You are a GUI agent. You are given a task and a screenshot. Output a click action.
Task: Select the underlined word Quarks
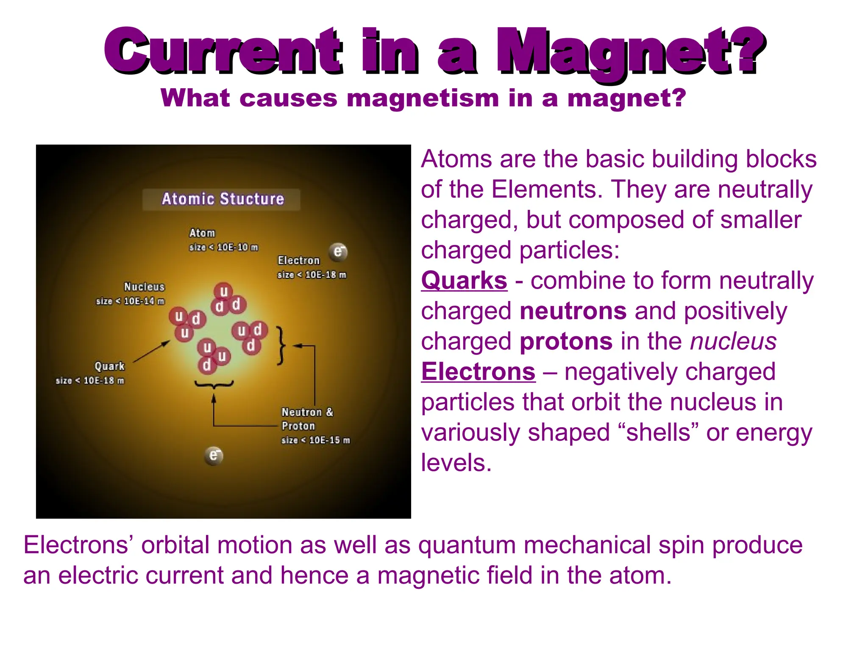[464, 281]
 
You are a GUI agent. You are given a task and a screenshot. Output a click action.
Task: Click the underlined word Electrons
[478, 372]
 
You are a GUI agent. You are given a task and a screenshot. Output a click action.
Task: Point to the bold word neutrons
[573, 311]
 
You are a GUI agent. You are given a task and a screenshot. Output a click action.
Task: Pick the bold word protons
[566, 341]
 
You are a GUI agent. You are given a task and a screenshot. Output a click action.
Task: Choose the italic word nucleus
[733, 341]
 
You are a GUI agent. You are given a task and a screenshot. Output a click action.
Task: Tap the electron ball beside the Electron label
[338, 252]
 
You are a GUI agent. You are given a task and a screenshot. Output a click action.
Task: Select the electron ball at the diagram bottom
[214, 456]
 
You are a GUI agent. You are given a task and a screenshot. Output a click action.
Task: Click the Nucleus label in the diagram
[144, 287]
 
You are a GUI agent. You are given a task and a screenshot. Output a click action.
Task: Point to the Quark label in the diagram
[109, 366]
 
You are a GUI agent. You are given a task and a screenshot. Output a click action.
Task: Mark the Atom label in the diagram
[202, 233]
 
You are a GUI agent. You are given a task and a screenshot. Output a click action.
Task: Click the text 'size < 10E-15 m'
[315, 440]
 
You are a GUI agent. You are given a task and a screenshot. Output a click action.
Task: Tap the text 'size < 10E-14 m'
[130, 301]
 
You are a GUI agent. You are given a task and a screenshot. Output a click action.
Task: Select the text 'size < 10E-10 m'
[223, 248]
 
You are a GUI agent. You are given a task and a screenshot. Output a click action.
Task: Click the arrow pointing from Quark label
[151, 351]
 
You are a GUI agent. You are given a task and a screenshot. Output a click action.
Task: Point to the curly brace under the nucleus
[214, 384]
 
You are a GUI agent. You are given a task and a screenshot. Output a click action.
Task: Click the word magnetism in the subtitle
[423, 98]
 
